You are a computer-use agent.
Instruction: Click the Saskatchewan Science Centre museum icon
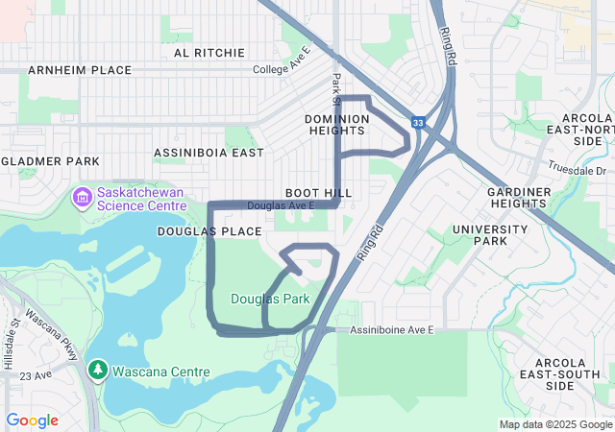(x=82, y=198)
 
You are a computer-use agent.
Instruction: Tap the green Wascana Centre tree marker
(x=97, y=370)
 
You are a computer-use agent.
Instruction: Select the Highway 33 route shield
(x=417, y=123)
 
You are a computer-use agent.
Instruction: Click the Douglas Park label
(x=270, y=299)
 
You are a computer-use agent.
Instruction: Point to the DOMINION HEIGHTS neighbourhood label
(x=336, y=125)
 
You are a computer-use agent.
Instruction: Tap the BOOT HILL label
(x=318, y=193)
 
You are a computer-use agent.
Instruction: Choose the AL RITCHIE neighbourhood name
(x=209, y=53)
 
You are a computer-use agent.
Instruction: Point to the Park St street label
(x=336, y=89)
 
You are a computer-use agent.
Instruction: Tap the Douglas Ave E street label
(x=281, y=206)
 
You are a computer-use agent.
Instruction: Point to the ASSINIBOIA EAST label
(x=209, y=153)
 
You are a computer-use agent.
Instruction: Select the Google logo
(x=32, y=420)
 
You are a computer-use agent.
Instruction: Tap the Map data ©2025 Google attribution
(x=555, y=424)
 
